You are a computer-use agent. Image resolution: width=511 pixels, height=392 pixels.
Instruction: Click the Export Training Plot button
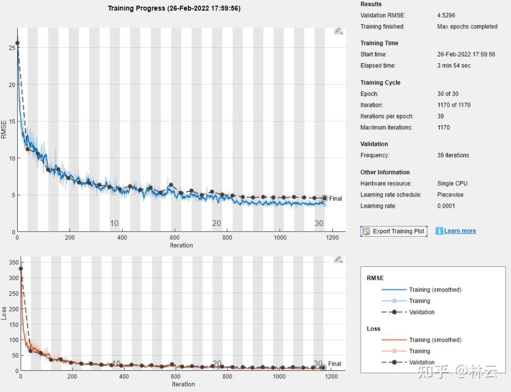pyautogui.click(x=394, y=231)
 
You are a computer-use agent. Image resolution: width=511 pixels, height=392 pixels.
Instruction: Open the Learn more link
pyautogui.click(x=460, y=231)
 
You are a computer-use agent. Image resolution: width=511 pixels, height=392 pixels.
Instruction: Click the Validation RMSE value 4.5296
pyautogui.click(x=446, y=15)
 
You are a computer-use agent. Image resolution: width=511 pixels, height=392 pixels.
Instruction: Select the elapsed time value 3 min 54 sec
pyautogui.click(x=454, y=65)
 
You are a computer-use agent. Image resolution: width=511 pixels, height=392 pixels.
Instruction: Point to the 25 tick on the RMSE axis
pyautogui.click(x=12, y=48)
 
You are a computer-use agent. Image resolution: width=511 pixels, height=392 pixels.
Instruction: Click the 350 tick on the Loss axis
pyautogui.click(x=14, y=262)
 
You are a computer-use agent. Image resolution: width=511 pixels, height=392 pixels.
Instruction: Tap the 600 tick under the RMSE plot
pyautogui.click(x=175, y=238)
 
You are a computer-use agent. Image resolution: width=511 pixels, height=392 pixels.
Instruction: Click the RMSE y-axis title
pyautogui.click(x=4, y=129)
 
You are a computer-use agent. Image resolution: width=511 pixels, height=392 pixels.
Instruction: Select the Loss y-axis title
pyautogui.click(x=4, y=313)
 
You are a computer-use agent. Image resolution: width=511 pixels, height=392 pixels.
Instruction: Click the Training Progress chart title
pyautogui.click(x=174, y=8)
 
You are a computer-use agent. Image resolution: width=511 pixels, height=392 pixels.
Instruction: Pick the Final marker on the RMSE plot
pyautogui.click(x=324, y=198)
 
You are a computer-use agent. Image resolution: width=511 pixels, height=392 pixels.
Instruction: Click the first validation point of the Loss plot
pyautogui.click(x=21, y=269)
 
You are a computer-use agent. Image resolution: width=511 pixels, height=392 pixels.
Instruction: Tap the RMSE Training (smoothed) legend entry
pyautogui.click(x=421, y=290)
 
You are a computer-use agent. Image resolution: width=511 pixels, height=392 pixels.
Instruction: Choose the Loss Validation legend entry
pyautogui.click(x=408, y=362)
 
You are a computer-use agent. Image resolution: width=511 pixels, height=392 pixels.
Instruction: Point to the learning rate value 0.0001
pyautogui.click(x=446, y=206)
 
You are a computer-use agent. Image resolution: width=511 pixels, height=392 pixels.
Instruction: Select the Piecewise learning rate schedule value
pyautogui.click(x=450, y=194)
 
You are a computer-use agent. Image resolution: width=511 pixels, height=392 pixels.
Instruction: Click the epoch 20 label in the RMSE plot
pyautogui.click(x=216, y=223)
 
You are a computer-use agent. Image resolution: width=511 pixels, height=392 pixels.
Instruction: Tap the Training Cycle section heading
pyautogui.click(x=380, y=83)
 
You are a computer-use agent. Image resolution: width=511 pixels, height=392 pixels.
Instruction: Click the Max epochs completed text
pyautogui.click(x=467, y=27)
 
